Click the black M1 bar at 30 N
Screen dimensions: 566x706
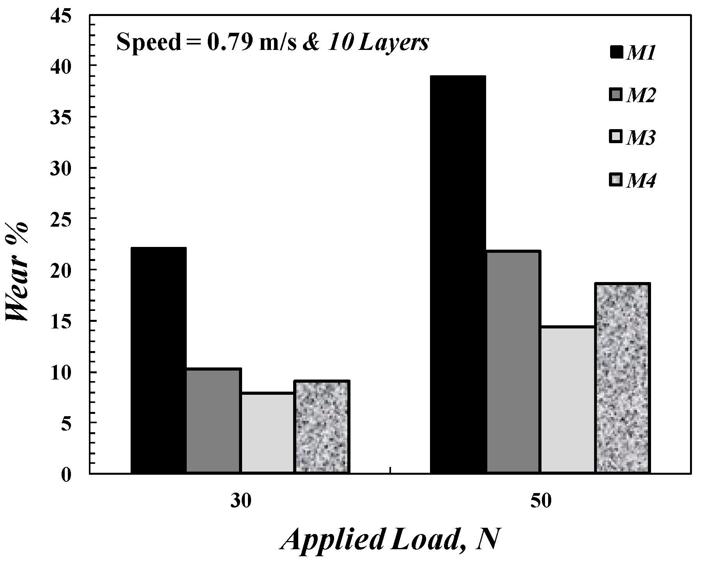(x=158, y=360)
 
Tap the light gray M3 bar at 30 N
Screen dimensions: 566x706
(x=267, y=433)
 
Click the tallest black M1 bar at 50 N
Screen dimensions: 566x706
(x=458, y=275)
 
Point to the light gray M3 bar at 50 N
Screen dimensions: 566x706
(x=568, y=400)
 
